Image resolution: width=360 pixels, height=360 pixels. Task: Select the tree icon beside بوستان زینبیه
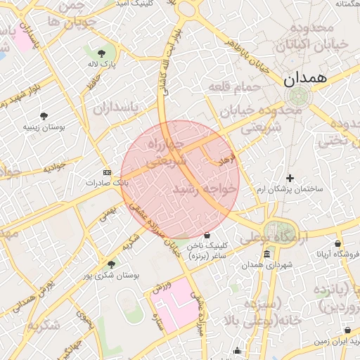pos(44,115)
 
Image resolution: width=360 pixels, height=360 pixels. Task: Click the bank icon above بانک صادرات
pos(107,172)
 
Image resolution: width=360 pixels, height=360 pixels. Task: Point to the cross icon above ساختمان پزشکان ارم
pos(290,179)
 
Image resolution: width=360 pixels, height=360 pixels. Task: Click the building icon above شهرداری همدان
pos(266,254)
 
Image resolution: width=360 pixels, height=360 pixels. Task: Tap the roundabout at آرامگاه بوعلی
pos(276,231)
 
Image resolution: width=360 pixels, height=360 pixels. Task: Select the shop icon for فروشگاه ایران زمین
pos(349,330)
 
